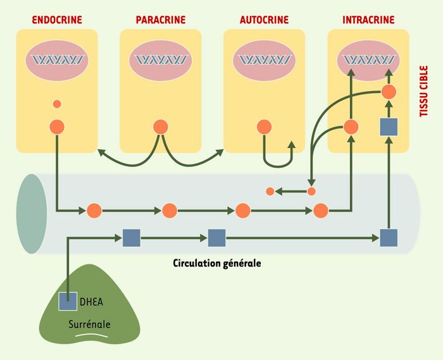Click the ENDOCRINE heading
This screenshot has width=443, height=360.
pos(57,20)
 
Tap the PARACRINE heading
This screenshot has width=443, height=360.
pos(161,20)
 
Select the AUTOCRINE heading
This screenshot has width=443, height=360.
pos(264,20)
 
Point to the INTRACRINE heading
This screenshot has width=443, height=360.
pos(368,20)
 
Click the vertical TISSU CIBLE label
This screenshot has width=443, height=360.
pos(424,91)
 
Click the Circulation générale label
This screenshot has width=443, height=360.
pos(217,263)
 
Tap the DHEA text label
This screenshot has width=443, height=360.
pos(91,302)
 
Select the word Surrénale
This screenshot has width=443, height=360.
pos(89,324)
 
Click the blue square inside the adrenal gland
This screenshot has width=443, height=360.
pos(68,301)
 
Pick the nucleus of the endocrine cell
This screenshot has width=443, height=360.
pos(57,61)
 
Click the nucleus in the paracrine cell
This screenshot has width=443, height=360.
pos(161,61)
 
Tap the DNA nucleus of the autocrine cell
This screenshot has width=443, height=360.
pos(264,61)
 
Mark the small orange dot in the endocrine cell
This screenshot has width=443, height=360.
pos(57,104)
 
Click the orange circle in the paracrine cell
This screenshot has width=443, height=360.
pos(161,127)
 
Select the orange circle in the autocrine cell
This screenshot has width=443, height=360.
pos(264,127)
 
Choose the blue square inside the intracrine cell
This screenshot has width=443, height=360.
pos(389,127)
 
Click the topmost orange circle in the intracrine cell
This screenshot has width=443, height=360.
pos(389,92)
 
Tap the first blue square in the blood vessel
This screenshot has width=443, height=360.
pos(132,238)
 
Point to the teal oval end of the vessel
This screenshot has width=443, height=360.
pos(32,214)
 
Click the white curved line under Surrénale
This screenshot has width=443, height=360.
pos(92,335)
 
